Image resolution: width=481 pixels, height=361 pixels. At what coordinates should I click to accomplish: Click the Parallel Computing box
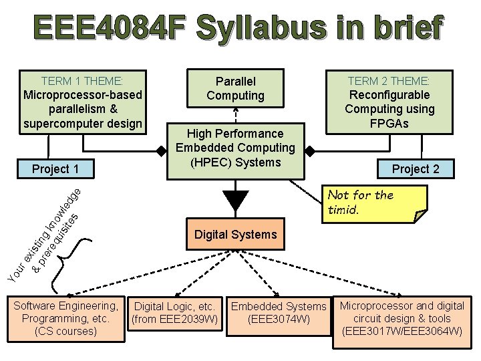235,88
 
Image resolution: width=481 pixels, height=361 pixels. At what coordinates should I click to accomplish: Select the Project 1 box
55,168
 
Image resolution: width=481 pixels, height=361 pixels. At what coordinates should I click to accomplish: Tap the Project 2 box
415,168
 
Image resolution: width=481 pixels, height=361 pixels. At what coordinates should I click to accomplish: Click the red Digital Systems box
235,234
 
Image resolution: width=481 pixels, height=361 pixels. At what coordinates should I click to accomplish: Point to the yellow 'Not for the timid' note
374,203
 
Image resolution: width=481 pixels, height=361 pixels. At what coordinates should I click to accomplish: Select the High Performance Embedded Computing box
235,148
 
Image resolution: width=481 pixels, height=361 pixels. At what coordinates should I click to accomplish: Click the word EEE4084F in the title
110,29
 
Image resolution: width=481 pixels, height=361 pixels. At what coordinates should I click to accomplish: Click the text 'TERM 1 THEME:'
82,80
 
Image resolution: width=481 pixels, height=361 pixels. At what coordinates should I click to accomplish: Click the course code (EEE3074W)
279,320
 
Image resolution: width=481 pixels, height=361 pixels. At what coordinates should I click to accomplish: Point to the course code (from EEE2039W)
174,320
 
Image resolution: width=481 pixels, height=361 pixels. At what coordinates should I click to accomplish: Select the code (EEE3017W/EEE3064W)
402,331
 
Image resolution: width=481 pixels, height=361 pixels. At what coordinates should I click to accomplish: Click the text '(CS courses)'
65,331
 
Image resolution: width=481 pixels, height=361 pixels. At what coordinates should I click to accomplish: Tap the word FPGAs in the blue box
389,123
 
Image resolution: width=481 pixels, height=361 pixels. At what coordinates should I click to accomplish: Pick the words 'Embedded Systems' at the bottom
279,307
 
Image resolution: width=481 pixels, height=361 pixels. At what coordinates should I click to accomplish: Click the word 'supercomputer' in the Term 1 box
58,123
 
